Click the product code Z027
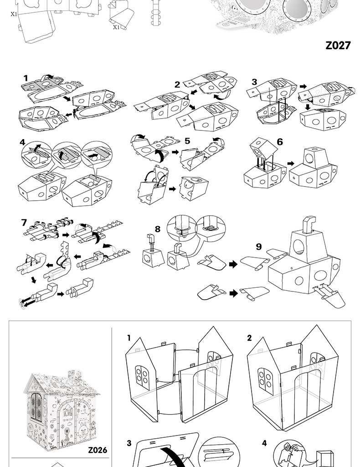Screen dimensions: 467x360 (338, 46)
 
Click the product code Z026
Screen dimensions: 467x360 (98, 450)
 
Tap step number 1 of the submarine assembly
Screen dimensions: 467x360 (26, 78)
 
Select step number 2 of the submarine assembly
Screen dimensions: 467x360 (177, 84)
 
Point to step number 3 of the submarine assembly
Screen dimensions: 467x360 (254, 82)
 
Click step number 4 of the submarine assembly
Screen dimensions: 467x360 (23, 142)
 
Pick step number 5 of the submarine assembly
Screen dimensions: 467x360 (187, 141)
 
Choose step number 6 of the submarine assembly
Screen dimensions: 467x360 (280, 142)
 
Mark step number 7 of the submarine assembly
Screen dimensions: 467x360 (24, 223)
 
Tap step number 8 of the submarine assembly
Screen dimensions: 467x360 (158, 228)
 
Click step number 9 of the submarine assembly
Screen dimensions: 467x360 (259, 247)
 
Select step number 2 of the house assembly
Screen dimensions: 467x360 (249, 338)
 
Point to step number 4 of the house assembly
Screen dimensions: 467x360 (264, 443)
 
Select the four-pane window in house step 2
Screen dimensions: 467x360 (264, 377)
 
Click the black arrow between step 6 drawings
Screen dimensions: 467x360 (290, 162)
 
